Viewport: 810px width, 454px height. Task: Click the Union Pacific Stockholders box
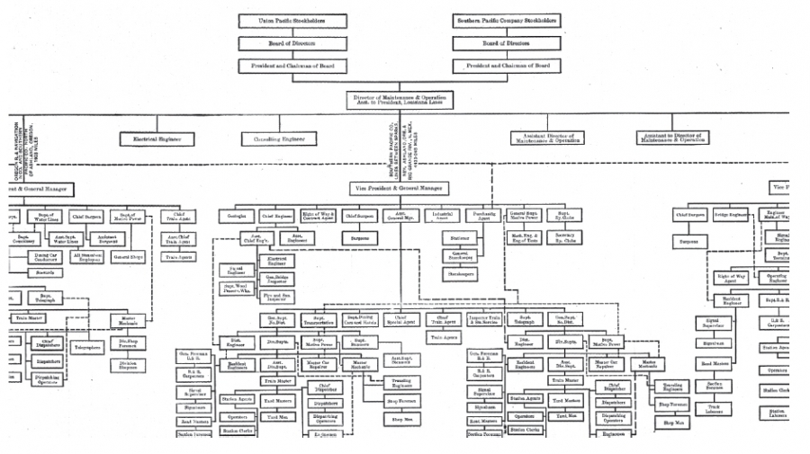(292, 20)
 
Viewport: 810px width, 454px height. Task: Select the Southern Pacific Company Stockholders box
(506, 20)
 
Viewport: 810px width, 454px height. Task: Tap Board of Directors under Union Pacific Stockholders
(292, 42)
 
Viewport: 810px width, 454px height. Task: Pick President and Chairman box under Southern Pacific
(506, 66)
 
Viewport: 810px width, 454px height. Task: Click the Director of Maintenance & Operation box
(397, 100)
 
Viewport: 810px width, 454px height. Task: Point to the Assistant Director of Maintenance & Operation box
(547, 138)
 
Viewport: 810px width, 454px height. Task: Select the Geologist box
(237, 216)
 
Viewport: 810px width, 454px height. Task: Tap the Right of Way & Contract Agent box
(319, 216)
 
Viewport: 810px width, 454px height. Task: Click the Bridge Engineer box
(732, 216)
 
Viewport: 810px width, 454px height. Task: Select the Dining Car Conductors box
(45, 259)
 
